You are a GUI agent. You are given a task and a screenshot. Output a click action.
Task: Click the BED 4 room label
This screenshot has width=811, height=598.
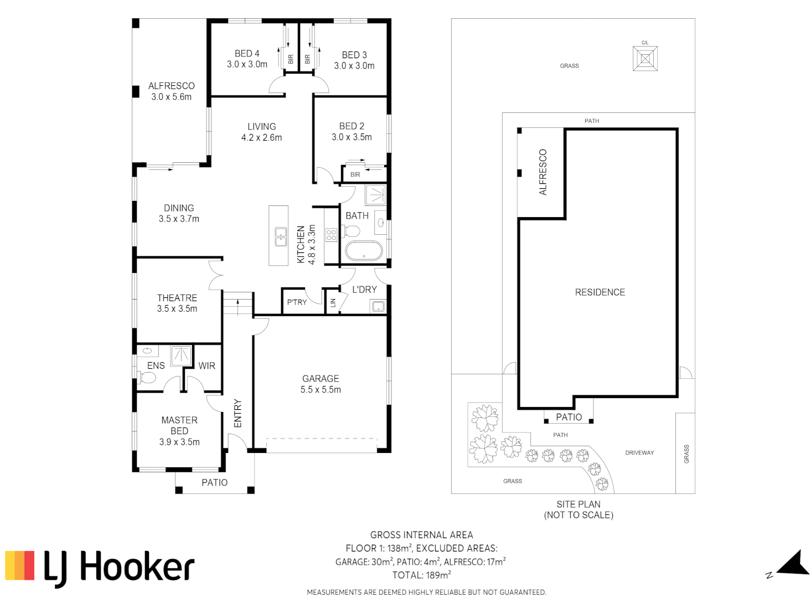pos(247,54)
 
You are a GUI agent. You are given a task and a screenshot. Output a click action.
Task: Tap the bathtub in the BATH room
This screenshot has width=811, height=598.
pos(364,251)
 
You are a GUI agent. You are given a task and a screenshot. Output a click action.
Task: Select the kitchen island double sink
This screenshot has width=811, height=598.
pos(281,237)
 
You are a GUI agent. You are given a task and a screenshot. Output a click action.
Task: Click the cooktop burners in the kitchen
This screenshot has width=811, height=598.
pos(331,235)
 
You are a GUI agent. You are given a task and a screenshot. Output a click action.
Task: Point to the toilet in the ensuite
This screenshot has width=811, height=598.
pos(146,378)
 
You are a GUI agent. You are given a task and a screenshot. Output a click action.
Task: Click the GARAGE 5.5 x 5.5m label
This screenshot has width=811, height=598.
pos(321,384)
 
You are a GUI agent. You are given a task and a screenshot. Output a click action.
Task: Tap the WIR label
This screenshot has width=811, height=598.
pos(206,366)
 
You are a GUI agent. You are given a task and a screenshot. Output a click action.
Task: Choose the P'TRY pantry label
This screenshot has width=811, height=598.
pos(297,302)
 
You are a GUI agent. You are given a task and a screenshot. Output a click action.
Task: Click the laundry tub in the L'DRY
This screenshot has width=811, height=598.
pos(378,306)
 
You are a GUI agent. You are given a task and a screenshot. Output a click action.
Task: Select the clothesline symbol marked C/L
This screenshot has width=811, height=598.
pos(645,58)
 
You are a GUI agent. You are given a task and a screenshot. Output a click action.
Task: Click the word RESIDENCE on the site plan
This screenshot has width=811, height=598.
pos(600,292)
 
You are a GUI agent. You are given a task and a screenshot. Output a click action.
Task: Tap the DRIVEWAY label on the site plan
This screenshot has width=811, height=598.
pos(639,453)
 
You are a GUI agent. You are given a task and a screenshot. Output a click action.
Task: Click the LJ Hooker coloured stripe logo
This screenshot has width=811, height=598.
pos(20,565)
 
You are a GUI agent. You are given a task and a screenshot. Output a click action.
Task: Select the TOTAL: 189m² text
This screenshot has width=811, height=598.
pos(421,575)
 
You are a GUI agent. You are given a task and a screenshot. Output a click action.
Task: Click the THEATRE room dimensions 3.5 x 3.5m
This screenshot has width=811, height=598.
pos(177,308)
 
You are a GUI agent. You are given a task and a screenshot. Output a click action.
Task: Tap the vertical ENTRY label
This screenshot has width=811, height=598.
pos(237,413)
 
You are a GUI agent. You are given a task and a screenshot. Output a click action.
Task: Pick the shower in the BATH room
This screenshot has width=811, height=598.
pos(375,195)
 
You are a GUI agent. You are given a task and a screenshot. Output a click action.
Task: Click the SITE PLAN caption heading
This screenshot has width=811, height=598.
pos(578,504)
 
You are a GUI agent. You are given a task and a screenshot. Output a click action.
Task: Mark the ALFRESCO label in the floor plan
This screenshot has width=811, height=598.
pos(171,86)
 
